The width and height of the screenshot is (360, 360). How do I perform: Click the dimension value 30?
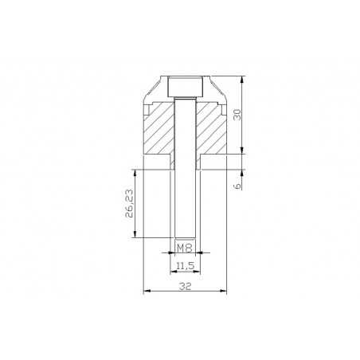pos(237,115)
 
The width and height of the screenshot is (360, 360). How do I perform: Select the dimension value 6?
pos(237,186)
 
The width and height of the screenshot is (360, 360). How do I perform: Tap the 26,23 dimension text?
pos(129,203)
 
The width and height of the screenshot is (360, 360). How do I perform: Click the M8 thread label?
pos(185,248)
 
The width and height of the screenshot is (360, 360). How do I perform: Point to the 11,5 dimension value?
pos(185,265)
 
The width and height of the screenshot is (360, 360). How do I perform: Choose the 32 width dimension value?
pos(185,287)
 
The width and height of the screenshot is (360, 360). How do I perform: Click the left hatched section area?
pos(158,130)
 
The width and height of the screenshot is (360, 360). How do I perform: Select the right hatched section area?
pos(211,129)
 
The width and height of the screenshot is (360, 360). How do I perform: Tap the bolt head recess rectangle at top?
pos(185,87)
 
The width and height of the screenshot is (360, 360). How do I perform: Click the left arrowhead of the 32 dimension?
pos(146,291)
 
